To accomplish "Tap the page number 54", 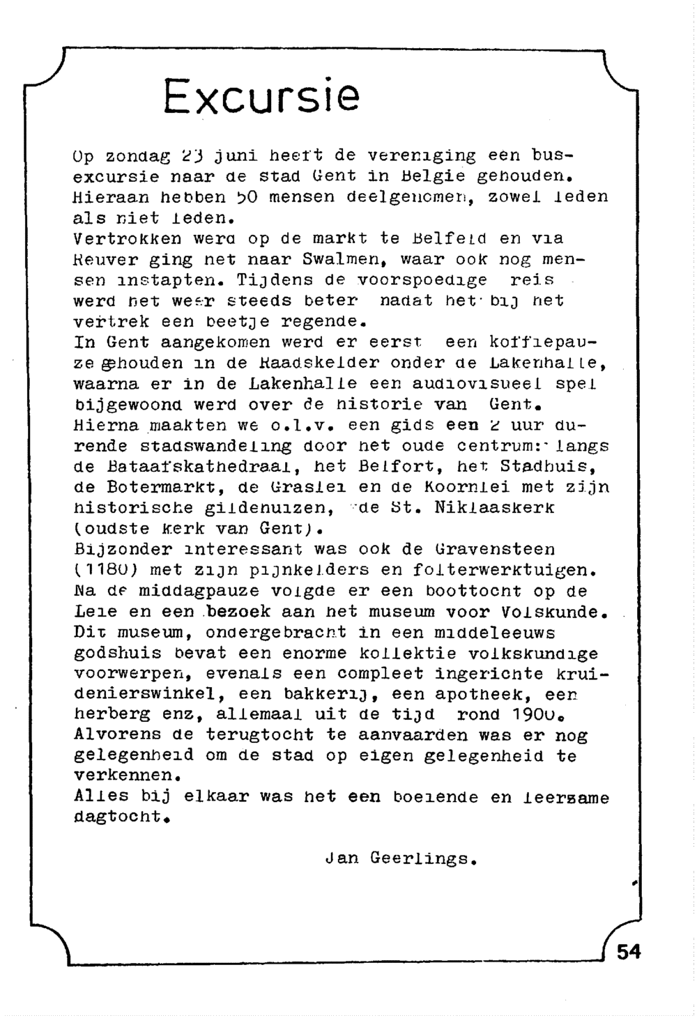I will (x=629, y=951).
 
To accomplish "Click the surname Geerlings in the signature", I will (x=422, y=858).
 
